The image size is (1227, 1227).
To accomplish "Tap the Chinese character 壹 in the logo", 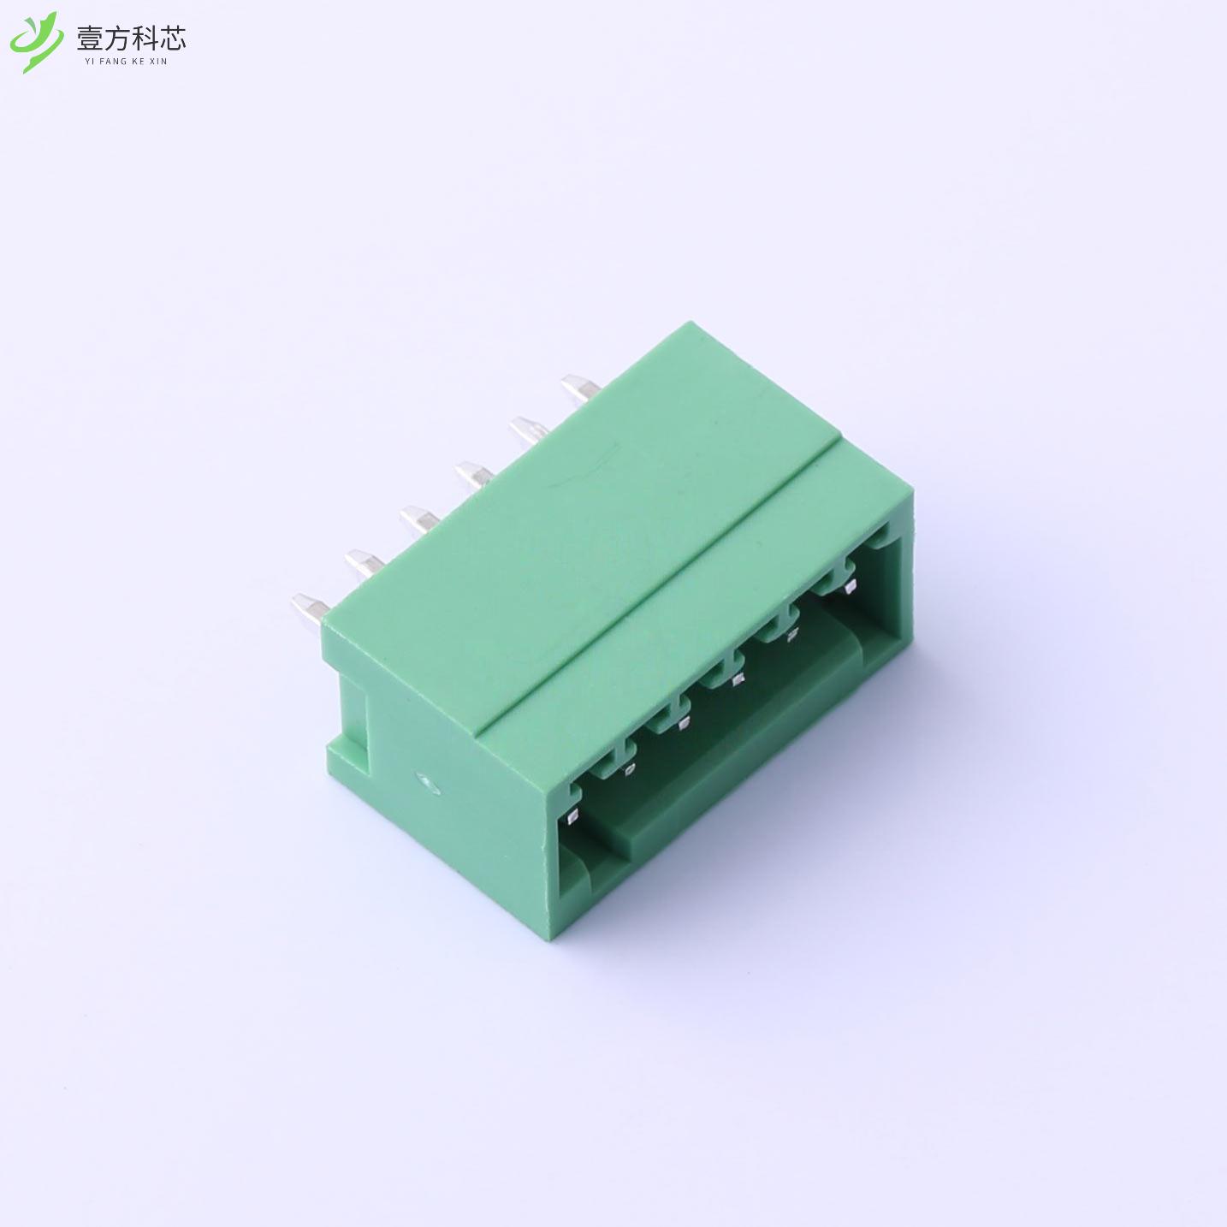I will click(90, 38).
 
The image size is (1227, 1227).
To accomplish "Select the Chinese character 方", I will click(116, 38).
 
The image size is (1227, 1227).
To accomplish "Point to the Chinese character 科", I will click(144, 38).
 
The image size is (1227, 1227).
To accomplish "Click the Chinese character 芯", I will click(172, 38).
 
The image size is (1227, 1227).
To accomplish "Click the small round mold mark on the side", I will click(423, 779).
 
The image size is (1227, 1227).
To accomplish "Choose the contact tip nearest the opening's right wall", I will click(849, 587).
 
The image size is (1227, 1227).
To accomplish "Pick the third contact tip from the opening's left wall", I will click(682, 726).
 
